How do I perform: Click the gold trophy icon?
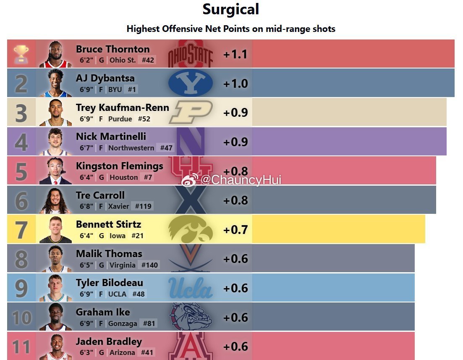pyautogui.click(x=21, y=54)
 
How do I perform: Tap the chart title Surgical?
pyautogui.click(x=230, y=9)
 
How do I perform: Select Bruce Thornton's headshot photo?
pyautogui.click(x=55, y=54)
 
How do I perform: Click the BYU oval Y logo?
pyautogui.click(x=191, y=83)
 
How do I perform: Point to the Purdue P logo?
pyautogui.click(x=191, y=112)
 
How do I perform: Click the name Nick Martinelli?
pyautogui.click(x=111, y=137)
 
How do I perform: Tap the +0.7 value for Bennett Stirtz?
pyautogui.click(x=235, y=230)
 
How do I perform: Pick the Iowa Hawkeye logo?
pyautogui.click(x=191, y=229)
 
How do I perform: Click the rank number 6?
pyautogui.click(x=21, y=201)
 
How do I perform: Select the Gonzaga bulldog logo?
pyautogui.click(x=191, y=316)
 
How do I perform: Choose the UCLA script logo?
pyautogui.click(x=191, y=288)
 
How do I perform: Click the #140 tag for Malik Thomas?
pyautogui.click(x=149, y=265)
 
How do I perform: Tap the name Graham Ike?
pyautogui.click(x=103, y=312)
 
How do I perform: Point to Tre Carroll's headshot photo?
pyautogui.click(x=55, y=200)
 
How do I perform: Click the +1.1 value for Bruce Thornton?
pyautogui.click(x=235, y=54)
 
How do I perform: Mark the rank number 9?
pyautogui.click(x=21, y=289)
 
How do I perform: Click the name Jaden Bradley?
pyautogui.click(x=109, y=342)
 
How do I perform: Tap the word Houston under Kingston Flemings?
pyautogui.click(x=124, y=177)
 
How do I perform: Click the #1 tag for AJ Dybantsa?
pyautogui.click(x=132, y=89)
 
